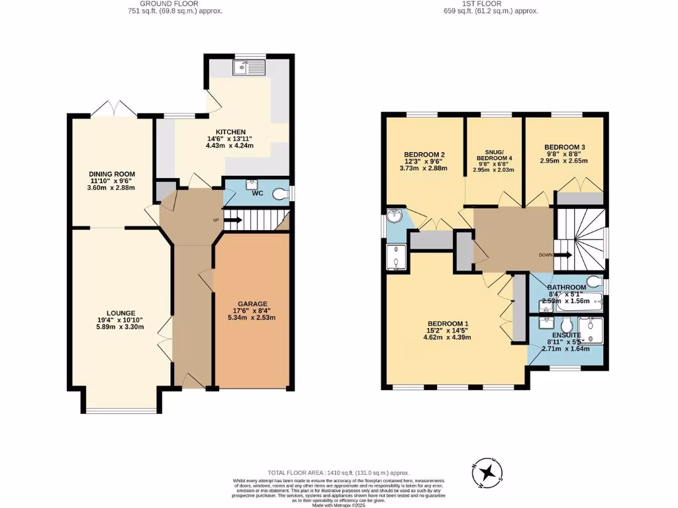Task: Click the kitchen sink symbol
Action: [x=249, y=67]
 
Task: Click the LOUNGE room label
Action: [x=121, y=313]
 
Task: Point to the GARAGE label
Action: [x=252, y=304]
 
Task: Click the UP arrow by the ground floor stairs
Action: [x=232, y=220]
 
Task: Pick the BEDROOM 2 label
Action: [x=424, y=155]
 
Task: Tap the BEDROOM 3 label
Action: [x=565, y=147]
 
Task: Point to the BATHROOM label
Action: [x=567, y=287]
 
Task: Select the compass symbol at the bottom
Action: [x=488, y=472]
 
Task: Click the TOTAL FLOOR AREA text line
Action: [x=338, y=473]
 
